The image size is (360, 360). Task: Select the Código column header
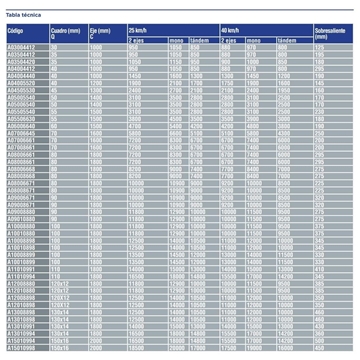pyautogui.click(x=16, y=32)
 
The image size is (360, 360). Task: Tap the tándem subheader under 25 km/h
pyautogui.click(x=199, y=42)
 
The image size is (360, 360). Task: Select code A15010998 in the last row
pyautogui.click(x=21, y=348)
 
